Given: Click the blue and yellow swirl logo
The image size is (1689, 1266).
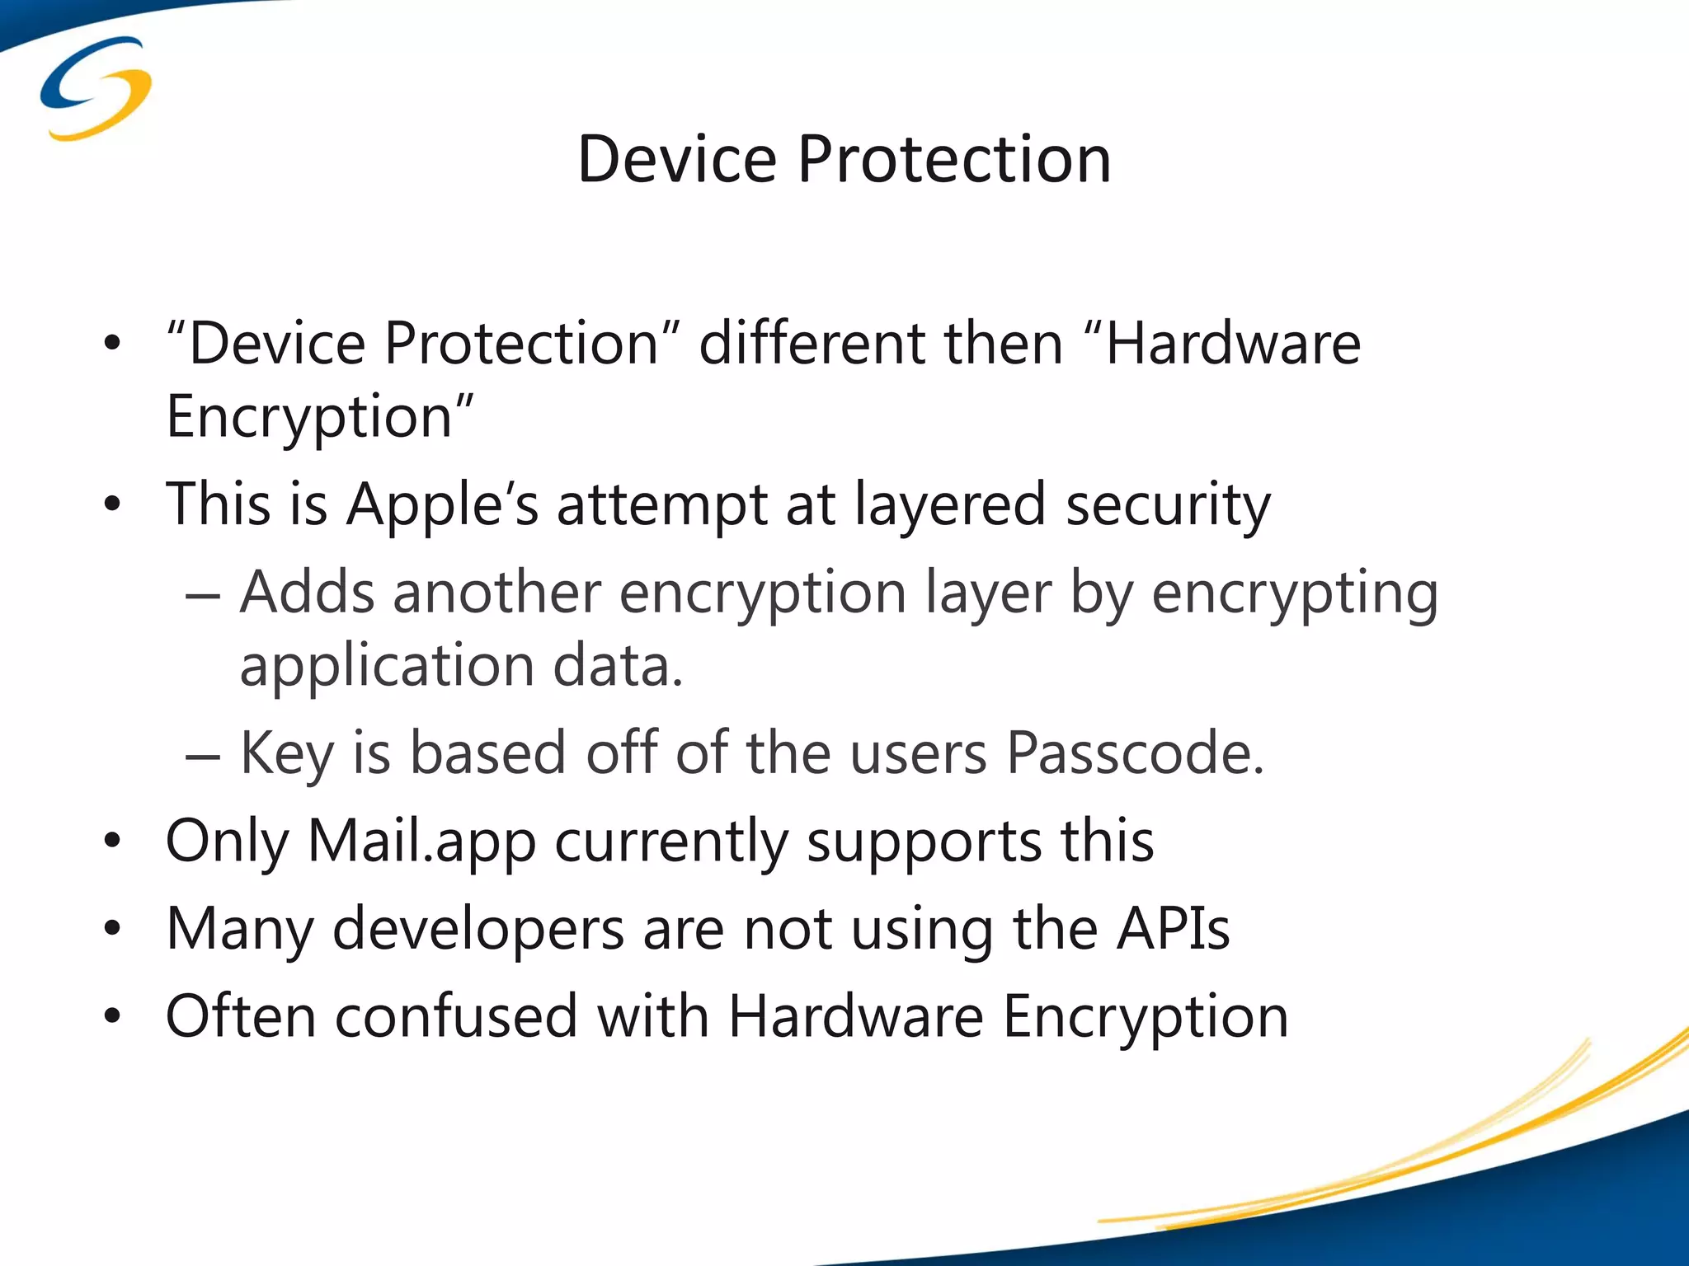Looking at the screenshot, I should point(96,88).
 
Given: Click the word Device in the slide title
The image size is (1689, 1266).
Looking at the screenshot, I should point(677,159).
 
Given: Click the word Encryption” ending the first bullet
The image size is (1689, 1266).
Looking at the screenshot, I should point(320,417).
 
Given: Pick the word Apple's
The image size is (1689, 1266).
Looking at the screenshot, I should point(442,504).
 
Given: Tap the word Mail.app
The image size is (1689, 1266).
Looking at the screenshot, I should point(421,842).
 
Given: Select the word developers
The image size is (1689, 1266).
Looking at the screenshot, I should point(478,930).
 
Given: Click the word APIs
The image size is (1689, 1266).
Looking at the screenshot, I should point(1174,929).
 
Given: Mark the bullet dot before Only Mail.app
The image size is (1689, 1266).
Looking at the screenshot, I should point(113,842).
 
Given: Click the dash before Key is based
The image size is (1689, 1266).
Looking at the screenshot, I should point(203,755).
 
